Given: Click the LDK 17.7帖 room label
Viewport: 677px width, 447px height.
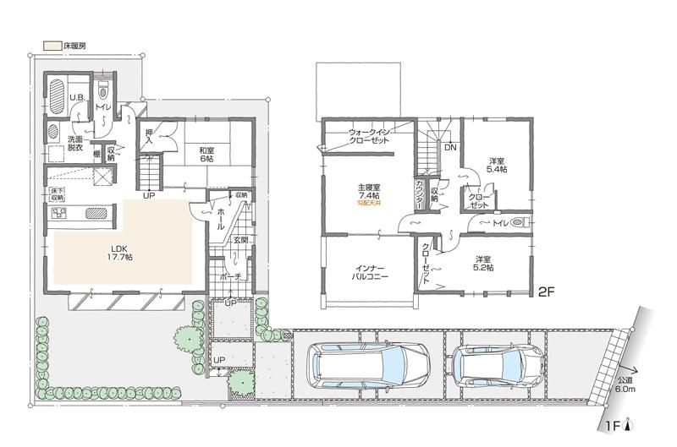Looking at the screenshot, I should (x=118, y=252).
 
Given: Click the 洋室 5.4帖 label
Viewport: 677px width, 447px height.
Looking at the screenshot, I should (x=498, y=165).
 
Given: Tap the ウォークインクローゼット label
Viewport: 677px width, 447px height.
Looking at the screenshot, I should (x=369, y=136).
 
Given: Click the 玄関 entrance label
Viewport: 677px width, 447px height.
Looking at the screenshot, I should (x=239, y=240).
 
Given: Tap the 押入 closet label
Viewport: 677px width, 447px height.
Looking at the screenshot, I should (x=149, y=135).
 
